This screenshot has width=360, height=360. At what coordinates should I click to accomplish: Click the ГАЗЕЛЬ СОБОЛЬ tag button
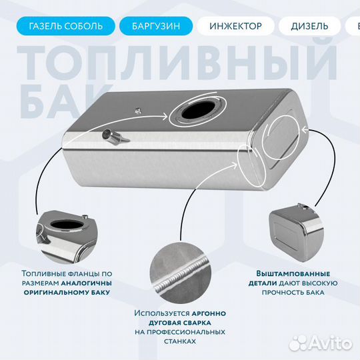[x=65, y=26]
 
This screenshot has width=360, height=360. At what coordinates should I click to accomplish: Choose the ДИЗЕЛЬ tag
[x=309, y=26]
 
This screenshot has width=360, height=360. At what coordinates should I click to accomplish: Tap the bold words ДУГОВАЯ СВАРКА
[x=180, y=322]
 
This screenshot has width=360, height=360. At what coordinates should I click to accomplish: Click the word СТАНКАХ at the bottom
[x=180, y=341]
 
